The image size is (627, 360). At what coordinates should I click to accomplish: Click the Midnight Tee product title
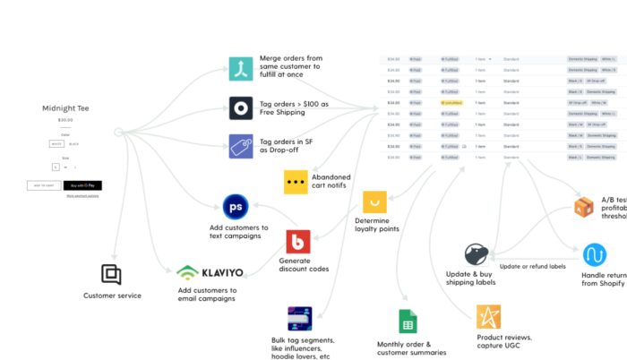click(x=64, y=108)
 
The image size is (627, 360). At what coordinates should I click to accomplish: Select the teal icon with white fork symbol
click(x=240, y=69)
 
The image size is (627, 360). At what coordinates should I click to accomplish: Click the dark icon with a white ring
click(x=240, y=108)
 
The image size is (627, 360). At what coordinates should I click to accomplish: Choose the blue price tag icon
click(x=240, y=146)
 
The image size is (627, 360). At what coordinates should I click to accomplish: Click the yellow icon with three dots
click(x=296, y=182)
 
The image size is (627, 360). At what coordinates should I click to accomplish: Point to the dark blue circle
click(x=236, y=207)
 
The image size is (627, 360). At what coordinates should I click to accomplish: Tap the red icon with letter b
click(x=298, y=242)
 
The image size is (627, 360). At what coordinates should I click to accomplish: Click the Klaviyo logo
click(x=213, y=271)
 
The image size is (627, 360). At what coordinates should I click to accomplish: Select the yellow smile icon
click(x=374, y=202)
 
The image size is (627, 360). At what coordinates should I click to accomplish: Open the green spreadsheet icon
click(x=408, y=321)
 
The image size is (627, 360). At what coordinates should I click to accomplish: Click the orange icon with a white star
click(x=488, y=316)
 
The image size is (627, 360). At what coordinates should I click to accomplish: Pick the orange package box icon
click(x=583, y=208)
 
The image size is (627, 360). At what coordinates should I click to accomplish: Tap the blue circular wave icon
click(x=595, y=253)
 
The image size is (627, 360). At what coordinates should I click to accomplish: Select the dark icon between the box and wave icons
click(x=477, y=254)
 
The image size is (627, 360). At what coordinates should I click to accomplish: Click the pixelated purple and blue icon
click(x=300, y=318)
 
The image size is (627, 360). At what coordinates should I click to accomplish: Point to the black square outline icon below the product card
click(x=111, y=274)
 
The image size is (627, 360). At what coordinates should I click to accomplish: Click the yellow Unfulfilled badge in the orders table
click(x=451, y=103)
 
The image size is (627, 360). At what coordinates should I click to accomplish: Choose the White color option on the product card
click(x=56, y=143)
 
